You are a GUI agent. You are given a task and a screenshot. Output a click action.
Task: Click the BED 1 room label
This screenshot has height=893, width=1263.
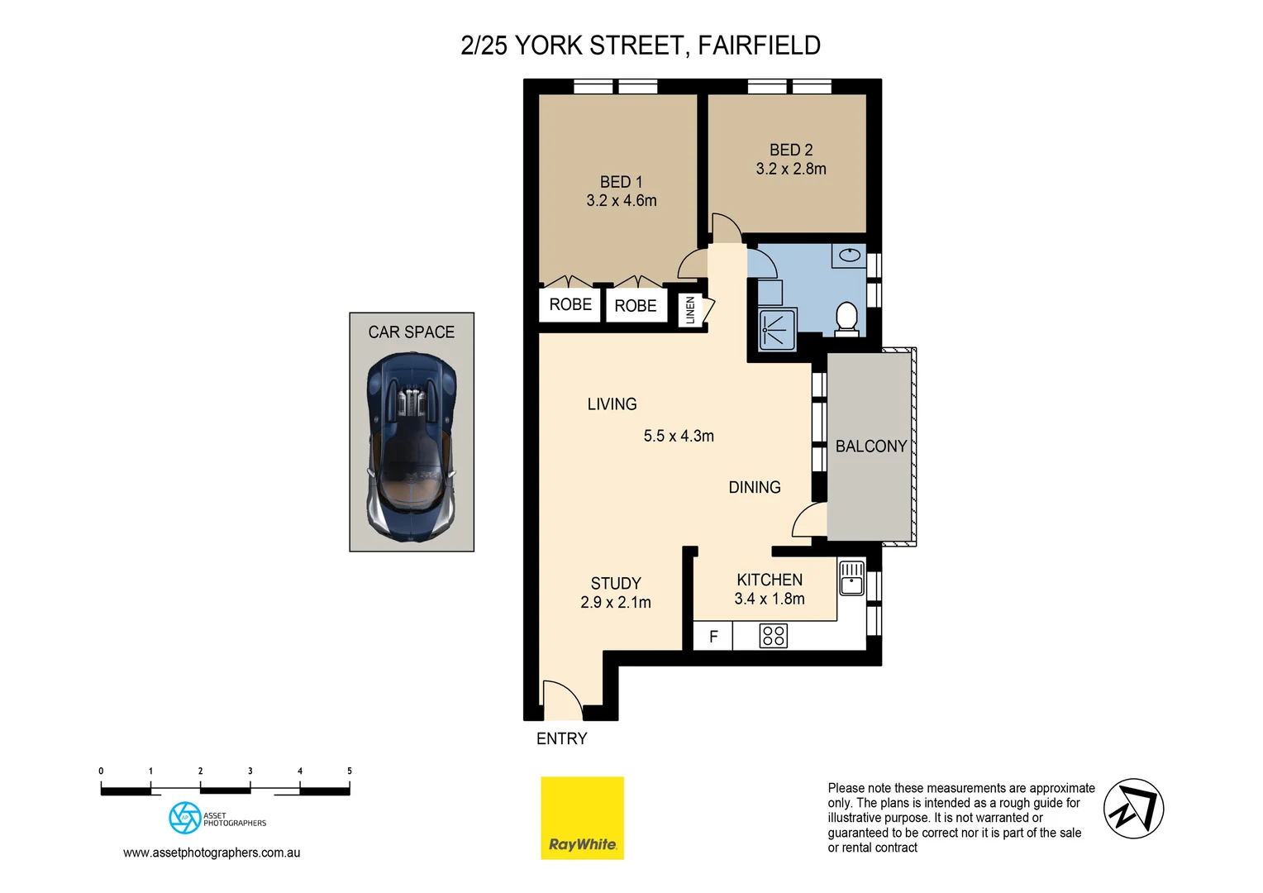621,182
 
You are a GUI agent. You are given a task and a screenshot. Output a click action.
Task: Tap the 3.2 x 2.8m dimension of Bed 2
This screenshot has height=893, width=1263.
791,169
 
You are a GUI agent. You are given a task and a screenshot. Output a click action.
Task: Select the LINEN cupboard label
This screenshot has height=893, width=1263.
690,310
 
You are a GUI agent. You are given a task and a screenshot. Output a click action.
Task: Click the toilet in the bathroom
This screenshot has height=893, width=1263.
846,318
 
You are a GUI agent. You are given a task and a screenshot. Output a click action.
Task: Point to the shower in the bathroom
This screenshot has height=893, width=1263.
777,330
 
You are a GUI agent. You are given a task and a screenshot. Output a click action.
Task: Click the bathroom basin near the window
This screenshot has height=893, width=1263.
849,255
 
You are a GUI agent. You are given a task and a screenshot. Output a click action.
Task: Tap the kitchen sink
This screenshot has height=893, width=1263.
851,578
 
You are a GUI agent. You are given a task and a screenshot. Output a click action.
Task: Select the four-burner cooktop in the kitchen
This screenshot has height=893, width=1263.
773,636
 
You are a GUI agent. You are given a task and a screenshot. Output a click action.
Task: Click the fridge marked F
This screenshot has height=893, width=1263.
713,637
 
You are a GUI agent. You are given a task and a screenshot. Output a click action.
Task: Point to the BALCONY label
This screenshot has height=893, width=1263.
871,446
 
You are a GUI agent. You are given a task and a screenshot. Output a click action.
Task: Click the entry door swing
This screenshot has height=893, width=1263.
562,700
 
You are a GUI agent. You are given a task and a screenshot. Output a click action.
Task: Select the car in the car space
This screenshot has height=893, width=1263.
412,446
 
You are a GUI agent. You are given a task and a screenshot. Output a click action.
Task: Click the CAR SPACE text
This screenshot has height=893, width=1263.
412,332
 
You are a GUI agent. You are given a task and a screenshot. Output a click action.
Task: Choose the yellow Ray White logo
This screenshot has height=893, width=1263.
582,818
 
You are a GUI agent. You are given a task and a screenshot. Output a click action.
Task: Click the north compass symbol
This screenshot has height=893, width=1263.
1133,809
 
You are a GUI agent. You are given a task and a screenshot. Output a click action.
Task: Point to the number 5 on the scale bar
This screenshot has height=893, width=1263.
350,771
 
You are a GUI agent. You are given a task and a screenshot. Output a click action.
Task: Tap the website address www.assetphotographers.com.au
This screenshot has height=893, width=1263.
212,852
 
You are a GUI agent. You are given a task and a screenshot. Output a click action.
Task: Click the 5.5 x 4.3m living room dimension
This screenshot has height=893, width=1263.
679,436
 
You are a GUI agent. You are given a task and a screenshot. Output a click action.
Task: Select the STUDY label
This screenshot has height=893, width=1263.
616,584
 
